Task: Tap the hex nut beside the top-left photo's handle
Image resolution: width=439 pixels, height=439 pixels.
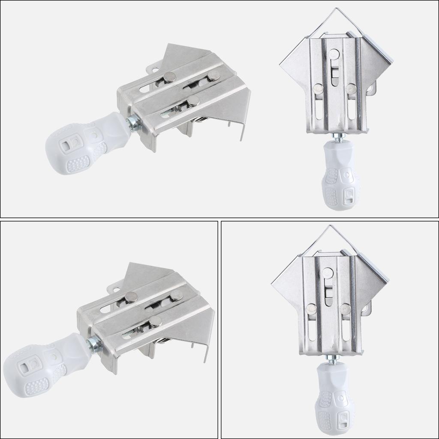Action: tap(134, 123)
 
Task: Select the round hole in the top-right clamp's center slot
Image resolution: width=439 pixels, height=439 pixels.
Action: tap(334, 54)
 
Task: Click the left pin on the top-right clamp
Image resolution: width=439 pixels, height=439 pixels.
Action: tap(318, 89)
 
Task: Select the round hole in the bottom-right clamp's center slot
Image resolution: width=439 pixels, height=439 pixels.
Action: tap(328, 272)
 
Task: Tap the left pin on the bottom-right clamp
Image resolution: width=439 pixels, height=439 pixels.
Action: tap(312, 308)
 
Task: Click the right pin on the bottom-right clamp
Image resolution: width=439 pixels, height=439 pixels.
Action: tap(345, 308)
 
